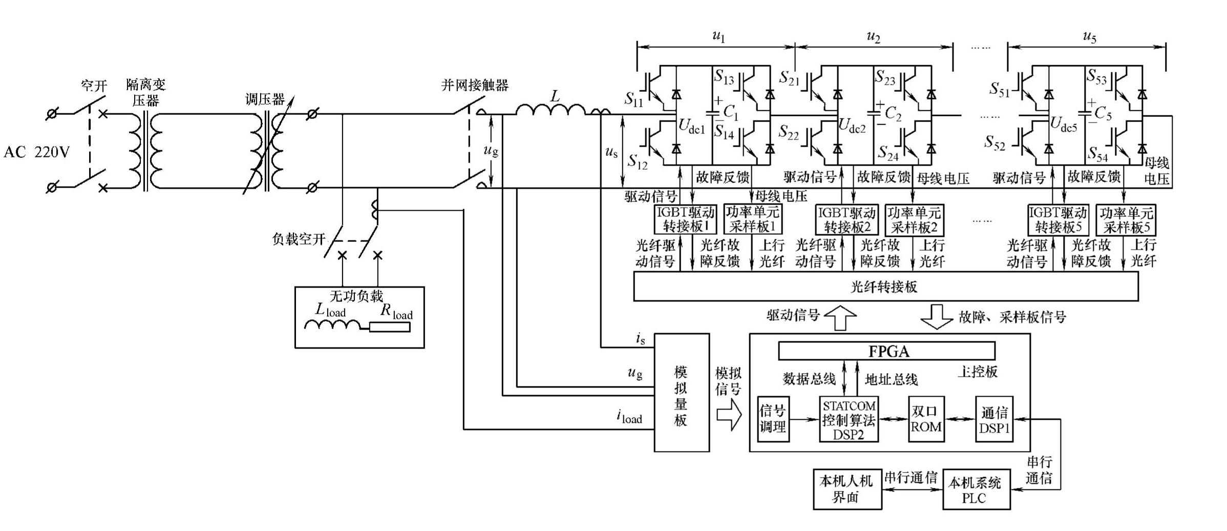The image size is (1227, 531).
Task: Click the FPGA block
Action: (x=886, y=351)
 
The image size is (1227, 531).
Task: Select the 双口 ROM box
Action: (x=926, y=419)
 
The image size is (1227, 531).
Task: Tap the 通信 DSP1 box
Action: (x=994, y=419)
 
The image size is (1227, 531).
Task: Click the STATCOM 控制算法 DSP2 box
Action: (x=849, y=420)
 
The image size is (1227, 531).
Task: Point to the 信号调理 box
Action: (x=773, y=419)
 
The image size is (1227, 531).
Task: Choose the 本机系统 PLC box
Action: (x=976, y=490)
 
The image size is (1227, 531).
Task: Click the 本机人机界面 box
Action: (x=848, y=489)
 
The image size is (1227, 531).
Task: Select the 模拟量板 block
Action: (x=682, y=393)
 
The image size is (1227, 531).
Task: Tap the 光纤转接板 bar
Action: (x=885, y=287)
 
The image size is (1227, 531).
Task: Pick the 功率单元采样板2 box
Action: (x=914, y=220)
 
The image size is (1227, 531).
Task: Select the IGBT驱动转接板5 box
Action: (x=1058, y=220)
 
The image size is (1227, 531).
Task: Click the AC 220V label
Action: (x=36, y=152)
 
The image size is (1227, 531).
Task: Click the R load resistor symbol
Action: (x=390, y=326)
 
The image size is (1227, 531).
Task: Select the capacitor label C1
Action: (x=731, y=113)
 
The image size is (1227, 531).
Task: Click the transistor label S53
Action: (x=1097, y=77)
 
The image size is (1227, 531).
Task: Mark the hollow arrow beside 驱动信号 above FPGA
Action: (x=841, y=318)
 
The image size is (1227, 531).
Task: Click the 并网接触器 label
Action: (x=475, y=85)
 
